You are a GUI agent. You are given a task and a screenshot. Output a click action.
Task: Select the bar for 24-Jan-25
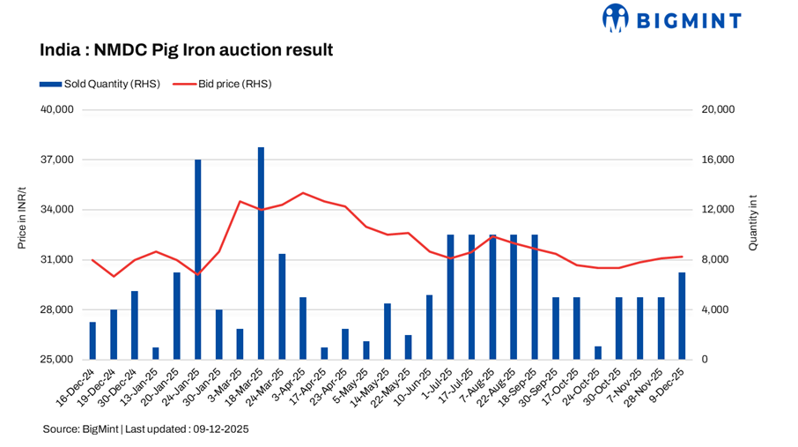click(198, 260)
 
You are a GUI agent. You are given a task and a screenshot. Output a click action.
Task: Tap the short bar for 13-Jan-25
click(156, 354)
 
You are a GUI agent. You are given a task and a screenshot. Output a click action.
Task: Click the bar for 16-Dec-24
click(92, 341)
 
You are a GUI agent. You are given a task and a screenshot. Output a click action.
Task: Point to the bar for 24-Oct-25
click(598, 353)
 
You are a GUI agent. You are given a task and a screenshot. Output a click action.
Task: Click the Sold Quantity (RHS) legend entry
click(99, 85)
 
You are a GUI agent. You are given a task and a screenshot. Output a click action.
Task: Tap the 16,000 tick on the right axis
click(717, 160)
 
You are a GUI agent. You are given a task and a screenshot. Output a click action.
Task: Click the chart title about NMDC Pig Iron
click(186, 50)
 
